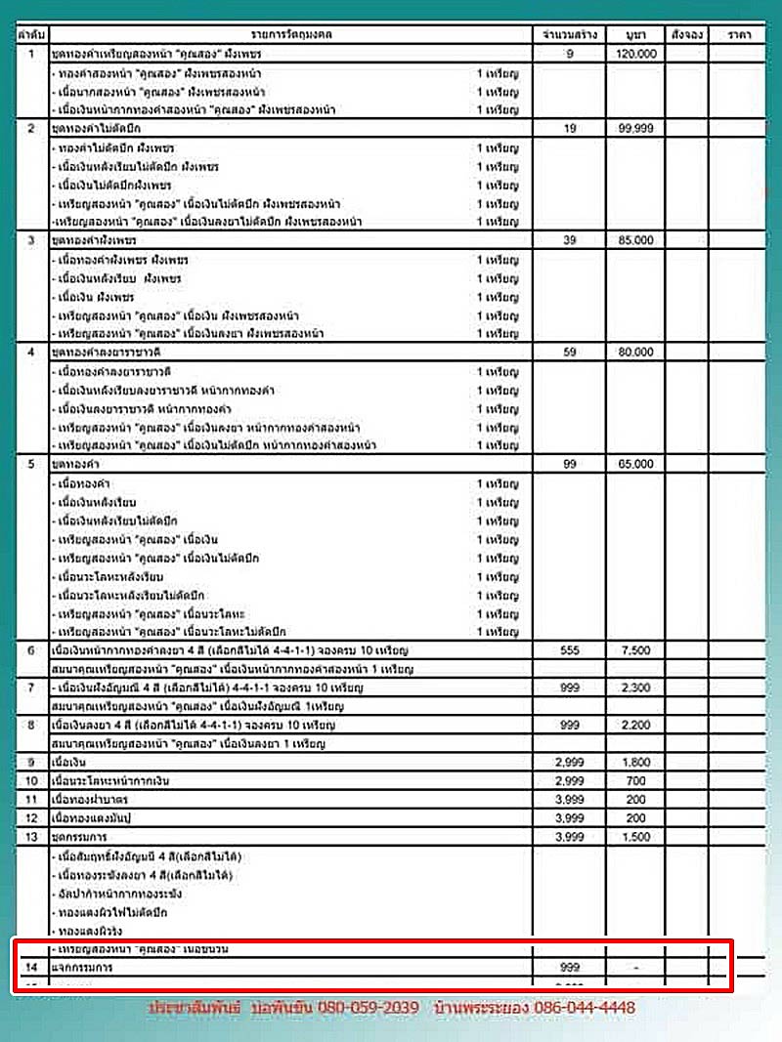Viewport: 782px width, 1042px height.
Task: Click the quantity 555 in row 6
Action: tap(570, 650)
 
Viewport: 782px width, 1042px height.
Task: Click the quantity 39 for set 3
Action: tap(570, 239)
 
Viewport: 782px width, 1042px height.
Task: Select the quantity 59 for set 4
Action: tap(570, 352)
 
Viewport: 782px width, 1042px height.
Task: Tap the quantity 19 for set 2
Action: tap(570, 128)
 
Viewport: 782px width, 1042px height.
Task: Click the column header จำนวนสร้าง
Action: tap(570, 34)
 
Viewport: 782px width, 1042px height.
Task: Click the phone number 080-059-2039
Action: tap(368, 1007)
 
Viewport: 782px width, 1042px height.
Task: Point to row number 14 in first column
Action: tap(31, 967)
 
